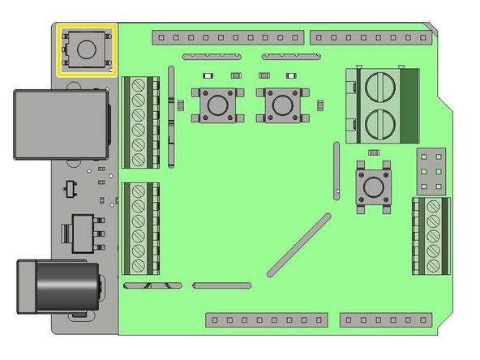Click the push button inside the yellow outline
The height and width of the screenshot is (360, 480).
tap(86, 49)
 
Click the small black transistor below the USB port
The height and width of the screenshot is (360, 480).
tap(70, 188)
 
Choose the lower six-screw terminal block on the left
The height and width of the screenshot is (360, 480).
tap(139, 229)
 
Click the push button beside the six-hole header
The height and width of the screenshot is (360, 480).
tap(374, 186)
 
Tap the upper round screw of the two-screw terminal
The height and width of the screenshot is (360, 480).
tap(381, 88)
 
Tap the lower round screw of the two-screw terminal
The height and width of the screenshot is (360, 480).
tap(381, 124)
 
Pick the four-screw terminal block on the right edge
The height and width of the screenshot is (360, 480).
tap(430, 234)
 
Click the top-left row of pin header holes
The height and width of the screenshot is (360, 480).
tap(228, 37)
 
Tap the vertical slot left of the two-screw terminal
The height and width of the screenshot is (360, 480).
tap(335, 170)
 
